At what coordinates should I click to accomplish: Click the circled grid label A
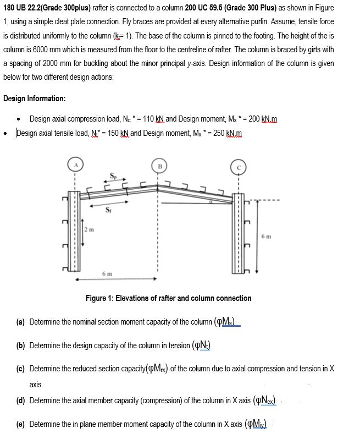75,163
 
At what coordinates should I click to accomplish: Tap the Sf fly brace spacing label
109,208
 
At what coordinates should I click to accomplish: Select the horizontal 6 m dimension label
108,273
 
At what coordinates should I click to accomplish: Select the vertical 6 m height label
267,237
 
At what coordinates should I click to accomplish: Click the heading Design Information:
34,98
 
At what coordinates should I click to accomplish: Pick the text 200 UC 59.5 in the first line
209,7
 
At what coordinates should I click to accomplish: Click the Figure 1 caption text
168,298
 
